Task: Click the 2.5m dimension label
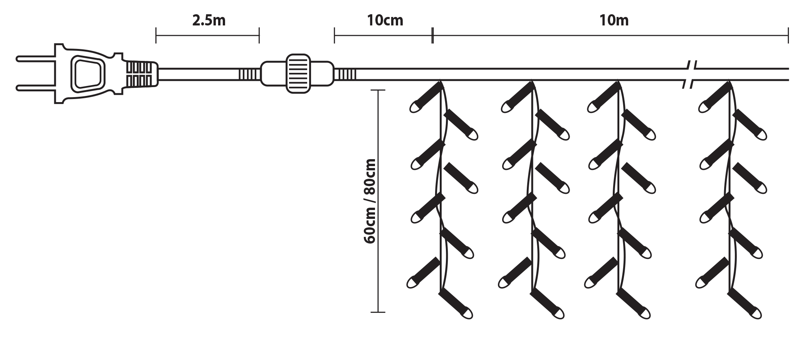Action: [208, 20]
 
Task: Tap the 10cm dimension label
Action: [385, 20]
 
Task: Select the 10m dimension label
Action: [614, 20]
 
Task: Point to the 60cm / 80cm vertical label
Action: [370, 201]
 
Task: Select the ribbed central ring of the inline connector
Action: [298, 73]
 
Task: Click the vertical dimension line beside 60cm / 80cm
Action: [378, 201]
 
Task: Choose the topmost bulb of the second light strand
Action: [516, 98]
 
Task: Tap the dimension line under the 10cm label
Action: [383, 36]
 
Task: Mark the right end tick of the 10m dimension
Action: [788, 35]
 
